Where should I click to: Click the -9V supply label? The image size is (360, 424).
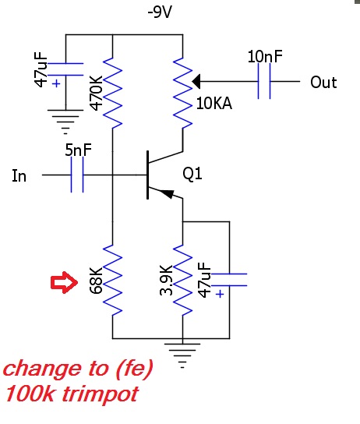click(x=160, y=12)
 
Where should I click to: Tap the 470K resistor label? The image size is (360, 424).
click(x=96, y=93)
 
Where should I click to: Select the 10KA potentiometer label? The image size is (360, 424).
click(x=214, y=104)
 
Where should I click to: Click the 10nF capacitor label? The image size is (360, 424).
click(x=265, y=56)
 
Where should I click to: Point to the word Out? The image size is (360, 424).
click(x=323, y=82)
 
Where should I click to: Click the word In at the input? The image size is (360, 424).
click(x=19, y=176)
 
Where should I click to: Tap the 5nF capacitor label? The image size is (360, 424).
click(x=79, y=150)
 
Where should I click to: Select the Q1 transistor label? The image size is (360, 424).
click(x=192, y=174)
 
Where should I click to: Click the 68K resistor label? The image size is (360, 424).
click(x=96, y=281)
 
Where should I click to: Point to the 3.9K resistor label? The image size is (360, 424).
click(x=166, y=280)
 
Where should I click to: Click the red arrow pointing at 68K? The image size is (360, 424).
click(x=65, y=282)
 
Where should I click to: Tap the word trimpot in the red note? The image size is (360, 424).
click(x=101, y=394)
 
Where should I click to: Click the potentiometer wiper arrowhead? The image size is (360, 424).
click(x=196, y=81)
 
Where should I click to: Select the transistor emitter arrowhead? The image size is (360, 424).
click(x=167, y=193)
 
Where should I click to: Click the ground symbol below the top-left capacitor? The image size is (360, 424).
click(x=65, y=122)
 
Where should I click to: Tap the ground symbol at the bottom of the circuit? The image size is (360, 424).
click(x=182, y=355)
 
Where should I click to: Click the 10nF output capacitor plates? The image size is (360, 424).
click(x=264, y=81)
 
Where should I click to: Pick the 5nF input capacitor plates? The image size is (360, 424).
click(x=77, y=175)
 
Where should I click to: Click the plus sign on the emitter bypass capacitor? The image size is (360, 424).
click(x=221, y=294)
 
